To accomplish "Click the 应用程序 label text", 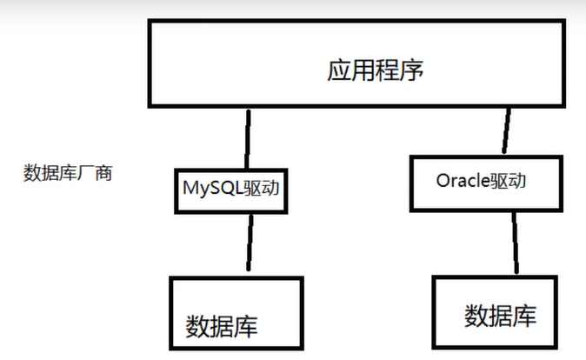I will pyautogui.click(x=376, y=70).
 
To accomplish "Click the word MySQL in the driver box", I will pyautogui.click(x=210, y=187).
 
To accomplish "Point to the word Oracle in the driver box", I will pyautogui.click(x=461, y=183).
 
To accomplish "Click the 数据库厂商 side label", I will pyautogui.click(x=67, y=171).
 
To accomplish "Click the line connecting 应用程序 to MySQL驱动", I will pyautogui.click(x=249, y=139).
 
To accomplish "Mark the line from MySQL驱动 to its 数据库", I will pyautogui.click(x=250, y=243).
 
